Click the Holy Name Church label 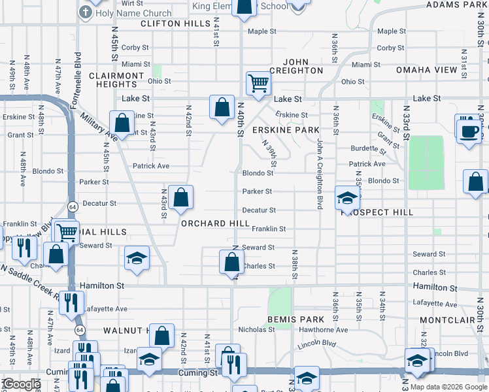point(134,13)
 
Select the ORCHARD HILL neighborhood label point(215,223)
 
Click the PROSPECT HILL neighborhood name point(377,213)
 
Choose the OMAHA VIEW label point(427,70)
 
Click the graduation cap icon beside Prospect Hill point(347,197)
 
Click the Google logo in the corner point(22,384)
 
